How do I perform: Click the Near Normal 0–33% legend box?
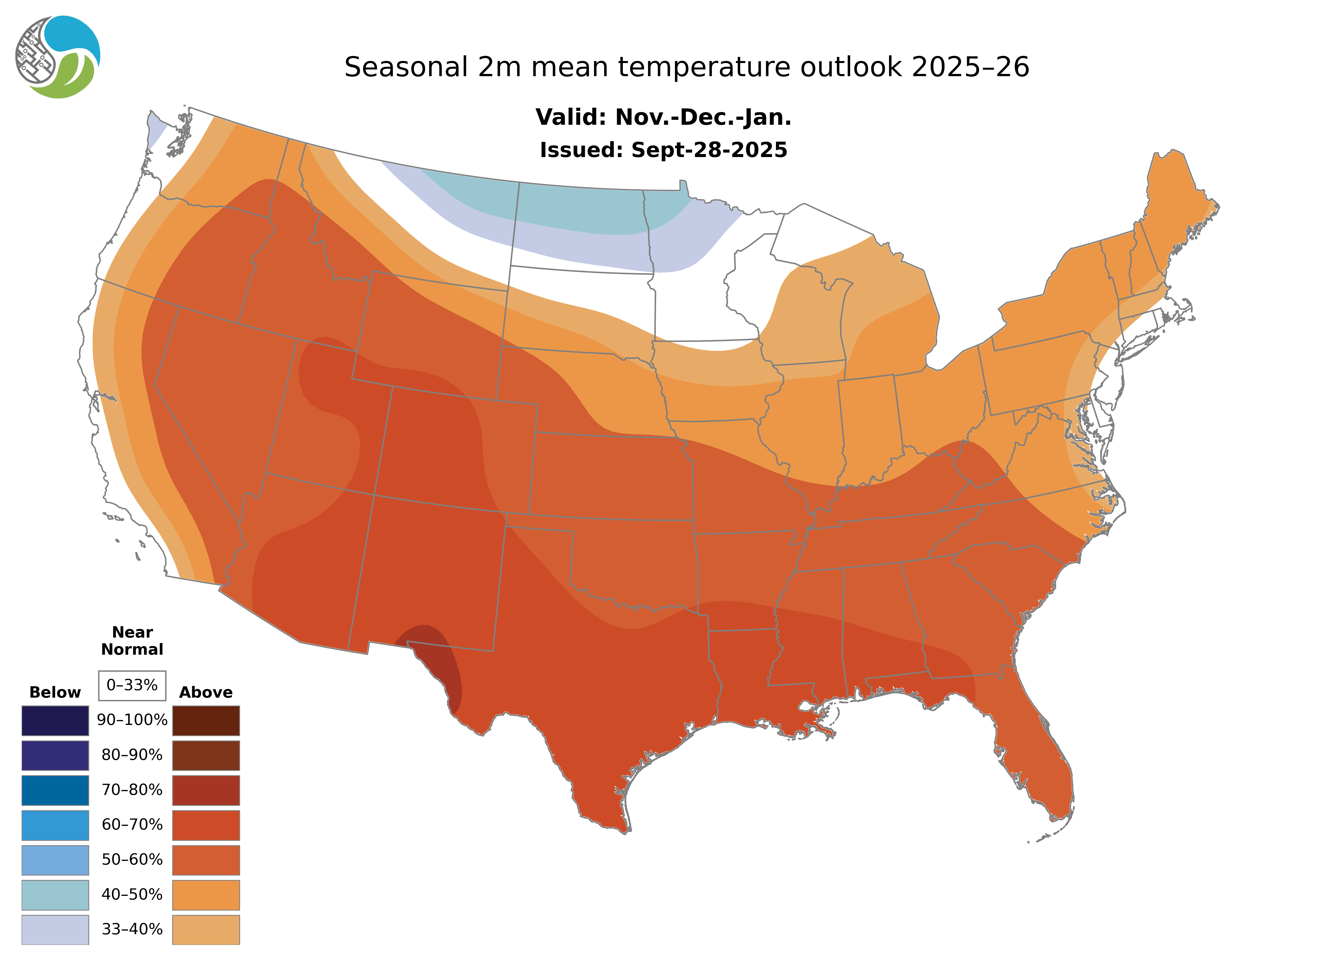coord(132,685)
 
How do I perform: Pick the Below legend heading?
coord(55,692)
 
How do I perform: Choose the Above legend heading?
coord(206,692)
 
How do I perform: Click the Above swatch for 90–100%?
coord(206,720)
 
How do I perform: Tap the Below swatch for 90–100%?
coord(55,720)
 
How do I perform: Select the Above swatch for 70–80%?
coord(206,790)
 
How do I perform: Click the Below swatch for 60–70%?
coord(55,825)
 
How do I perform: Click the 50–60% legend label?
coord(132,860)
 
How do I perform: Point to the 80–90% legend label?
coord(132,755)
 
